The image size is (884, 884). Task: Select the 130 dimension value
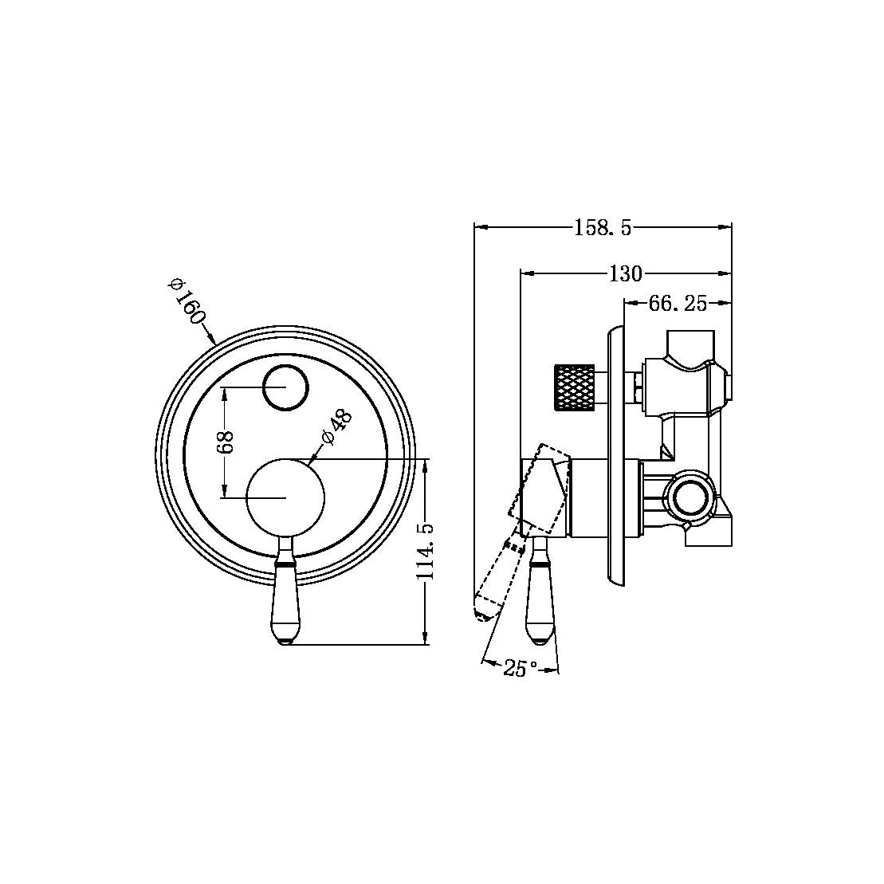pos(625,274)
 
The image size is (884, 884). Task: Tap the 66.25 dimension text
pos(678,304)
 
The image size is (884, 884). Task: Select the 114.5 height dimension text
pos(425,551)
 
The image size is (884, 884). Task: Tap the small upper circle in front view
pos(285,387)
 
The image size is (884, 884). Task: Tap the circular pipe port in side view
pos(690,498)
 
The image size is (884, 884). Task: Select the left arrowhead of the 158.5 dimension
pos(479,227)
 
